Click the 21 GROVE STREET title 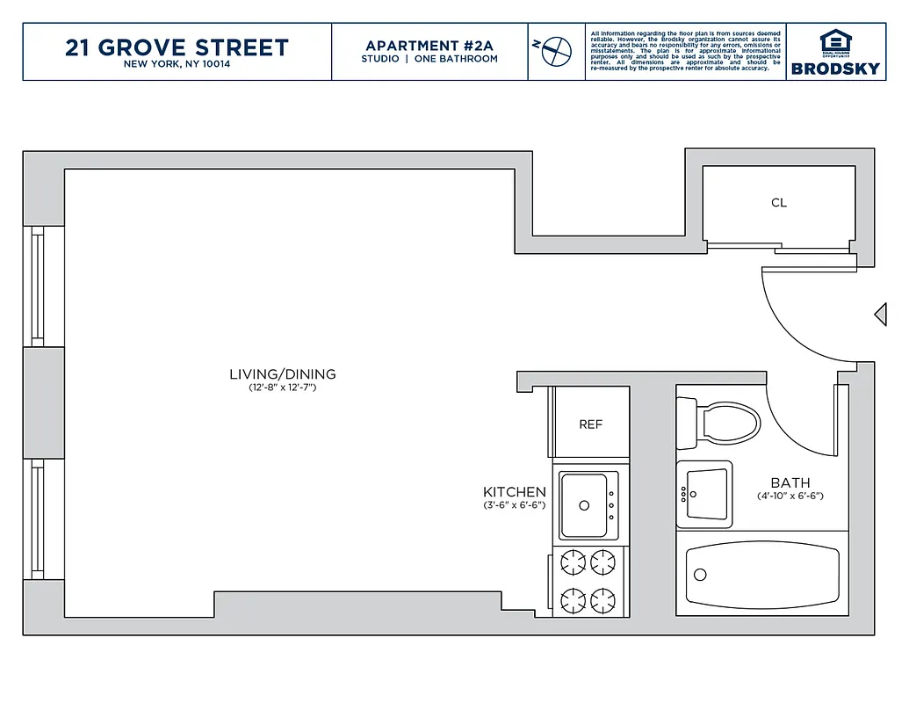(x=177, y=47)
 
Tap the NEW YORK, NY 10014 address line (x=177, y=64)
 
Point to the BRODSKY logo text (x=835, y=69)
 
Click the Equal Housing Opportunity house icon (x=835, y=42)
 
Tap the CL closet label (x=778, y=203)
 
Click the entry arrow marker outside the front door (x=881, y=314)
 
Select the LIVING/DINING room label (x=282, y=374)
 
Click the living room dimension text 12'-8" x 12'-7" (x=282, y=388)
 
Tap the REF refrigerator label (x=591, y=424)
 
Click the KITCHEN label (x=515, y=492)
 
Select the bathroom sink (x=705, y=493)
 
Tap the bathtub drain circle (x=700, y=575)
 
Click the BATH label (x=790, y=482)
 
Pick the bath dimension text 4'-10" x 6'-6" (x=790, y=496)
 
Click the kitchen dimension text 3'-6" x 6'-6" (x=515, y=505)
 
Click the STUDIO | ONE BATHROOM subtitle (x=429, y=59)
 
